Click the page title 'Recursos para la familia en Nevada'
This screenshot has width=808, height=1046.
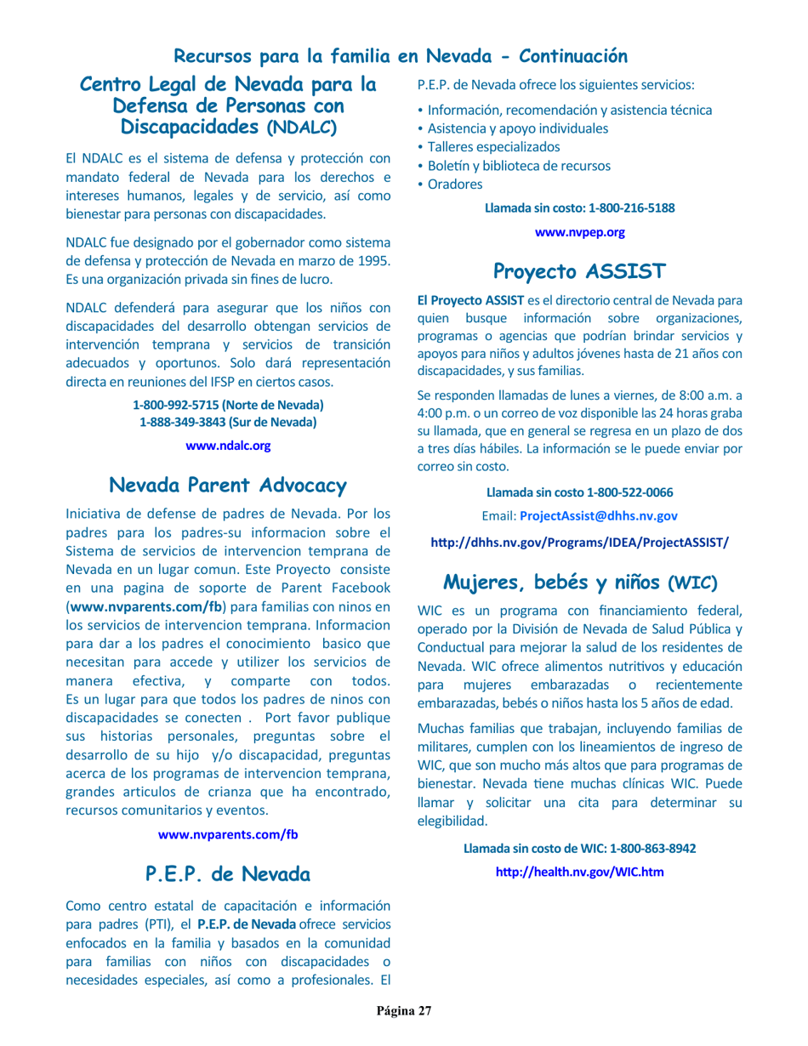401,57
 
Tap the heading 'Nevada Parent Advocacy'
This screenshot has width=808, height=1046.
228,486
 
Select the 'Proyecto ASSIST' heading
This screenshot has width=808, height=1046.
579,272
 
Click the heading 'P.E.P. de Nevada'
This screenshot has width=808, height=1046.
228,873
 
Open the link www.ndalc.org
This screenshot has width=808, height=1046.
228,445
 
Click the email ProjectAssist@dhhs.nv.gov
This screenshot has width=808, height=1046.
599,515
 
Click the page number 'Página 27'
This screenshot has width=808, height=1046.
405,1011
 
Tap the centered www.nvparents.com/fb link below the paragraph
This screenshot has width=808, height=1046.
228,833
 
